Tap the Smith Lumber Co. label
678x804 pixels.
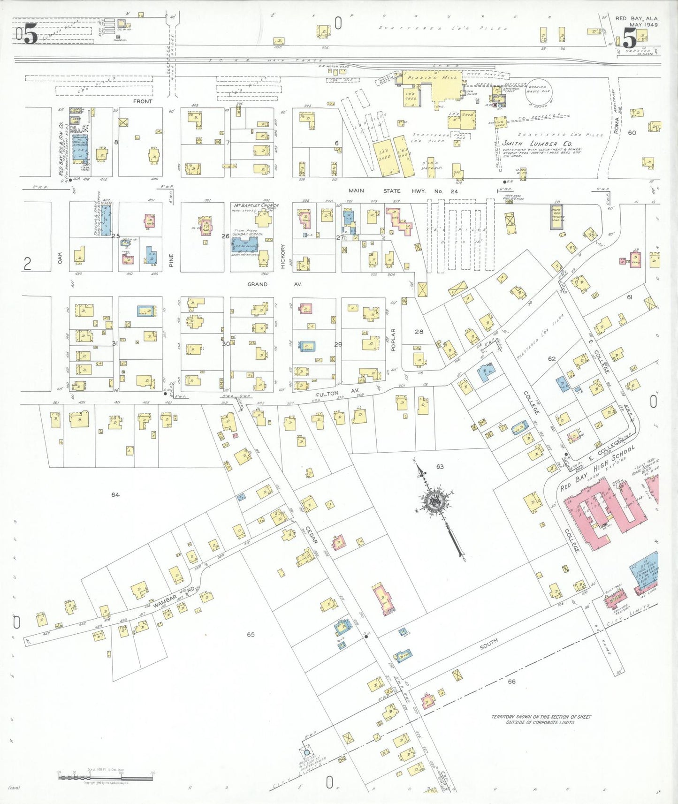tap(537, 144)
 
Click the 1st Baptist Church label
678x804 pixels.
tap(256, 205)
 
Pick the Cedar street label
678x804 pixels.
tap(312, 534)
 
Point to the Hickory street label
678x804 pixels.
tap(282, 257)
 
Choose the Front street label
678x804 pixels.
tap(143, 101)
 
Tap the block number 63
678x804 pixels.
tap(440, 466)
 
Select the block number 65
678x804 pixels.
tap(251, 634)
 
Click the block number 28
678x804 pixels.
tap(419, 332)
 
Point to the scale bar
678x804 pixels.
tap(106, 777)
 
